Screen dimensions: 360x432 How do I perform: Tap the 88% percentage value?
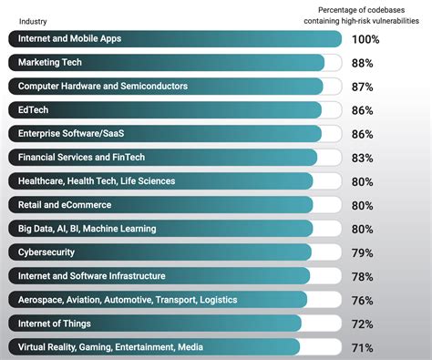[x=363, y=63]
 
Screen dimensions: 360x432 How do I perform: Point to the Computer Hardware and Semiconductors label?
[x=103, y=87]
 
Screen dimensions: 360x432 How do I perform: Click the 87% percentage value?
[x=363, y=87]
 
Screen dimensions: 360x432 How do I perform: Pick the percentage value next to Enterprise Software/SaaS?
[x=363, y=134]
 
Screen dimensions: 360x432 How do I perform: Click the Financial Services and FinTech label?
[x=94, y=158]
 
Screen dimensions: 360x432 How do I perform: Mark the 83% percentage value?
[x=363, y=158]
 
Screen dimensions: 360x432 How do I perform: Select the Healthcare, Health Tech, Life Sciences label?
[x=106, y=181]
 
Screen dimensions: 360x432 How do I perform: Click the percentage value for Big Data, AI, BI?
[x=363, y=229]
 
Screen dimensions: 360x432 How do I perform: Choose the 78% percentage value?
[x=363, y=276]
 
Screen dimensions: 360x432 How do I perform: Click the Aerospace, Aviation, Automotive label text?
[x=128, y=300]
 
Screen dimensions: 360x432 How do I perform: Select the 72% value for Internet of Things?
[x=363, y=324]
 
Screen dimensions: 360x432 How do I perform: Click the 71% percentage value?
[x=363, y=347]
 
